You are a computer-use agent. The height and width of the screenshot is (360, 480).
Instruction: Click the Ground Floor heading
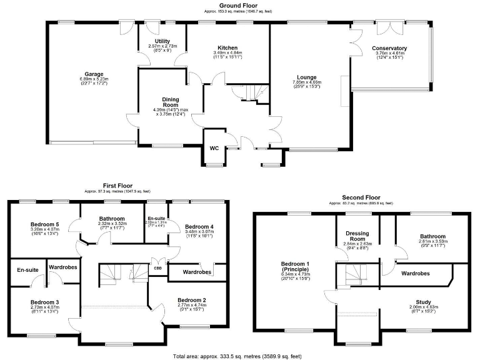(x=240, y=5)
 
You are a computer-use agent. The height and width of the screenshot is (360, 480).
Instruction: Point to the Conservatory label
(x=389, y=48)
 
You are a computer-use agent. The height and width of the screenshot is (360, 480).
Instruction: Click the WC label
(x=214, y=148)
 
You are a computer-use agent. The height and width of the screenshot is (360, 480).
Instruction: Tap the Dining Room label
(x=153, y=102)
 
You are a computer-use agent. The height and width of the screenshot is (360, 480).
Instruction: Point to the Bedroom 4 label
(x=199, y=226)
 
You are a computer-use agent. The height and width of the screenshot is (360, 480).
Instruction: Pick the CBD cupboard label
(x=158, y=269)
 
